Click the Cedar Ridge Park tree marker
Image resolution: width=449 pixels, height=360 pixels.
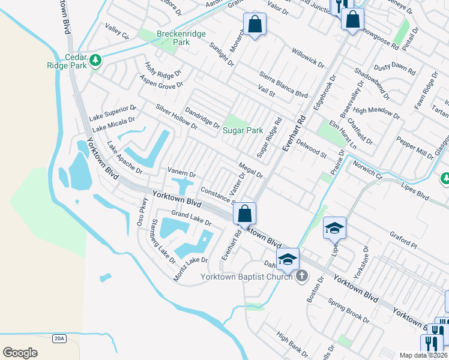(x=95, y=60)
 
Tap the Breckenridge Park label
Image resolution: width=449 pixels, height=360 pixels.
(x=173, y=38)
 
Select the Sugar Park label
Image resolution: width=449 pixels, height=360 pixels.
(x=243, y=130)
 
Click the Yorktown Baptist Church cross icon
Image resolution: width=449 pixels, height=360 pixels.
(x=302, y=276)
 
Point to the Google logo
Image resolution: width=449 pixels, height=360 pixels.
(x=20, y=352)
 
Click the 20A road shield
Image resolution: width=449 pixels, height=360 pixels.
(x=58, y=338)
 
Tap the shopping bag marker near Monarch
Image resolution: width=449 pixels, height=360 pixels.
(x=255, y=25)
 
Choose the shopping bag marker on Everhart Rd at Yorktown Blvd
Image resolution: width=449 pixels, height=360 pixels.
(x=244, y=213)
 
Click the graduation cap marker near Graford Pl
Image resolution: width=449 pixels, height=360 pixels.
(x=334, y=228)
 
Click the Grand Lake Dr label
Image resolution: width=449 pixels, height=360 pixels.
(x=191, y=218)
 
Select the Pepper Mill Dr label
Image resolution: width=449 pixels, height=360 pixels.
(x=415, y=148)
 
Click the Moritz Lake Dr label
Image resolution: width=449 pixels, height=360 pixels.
(x=191, y=268)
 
